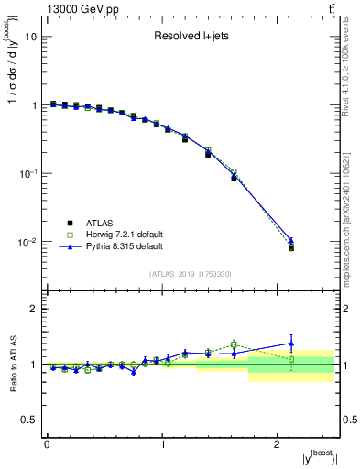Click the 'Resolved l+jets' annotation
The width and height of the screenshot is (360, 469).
pos(191,38)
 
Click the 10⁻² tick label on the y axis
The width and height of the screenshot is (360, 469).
pos(27,242)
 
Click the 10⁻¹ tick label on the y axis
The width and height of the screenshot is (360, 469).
pos(27,173)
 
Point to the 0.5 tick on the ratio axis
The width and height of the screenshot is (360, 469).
pos(28,420)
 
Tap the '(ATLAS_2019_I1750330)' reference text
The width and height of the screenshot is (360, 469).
pos(191,274)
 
